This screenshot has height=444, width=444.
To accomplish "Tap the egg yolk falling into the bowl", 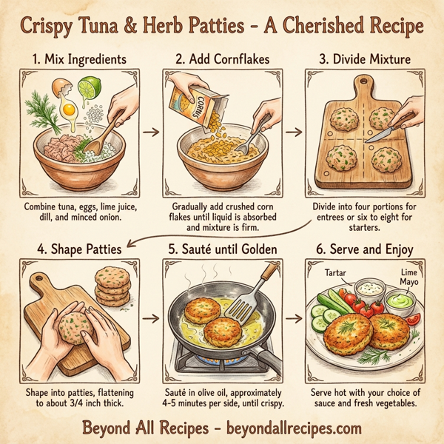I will (x=70, y=110).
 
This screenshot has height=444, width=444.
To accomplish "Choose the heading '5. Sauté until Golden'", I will (x=222, y=249).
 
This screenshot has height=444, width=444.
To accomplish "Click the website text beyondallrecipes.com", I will (x=292, y=427).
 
